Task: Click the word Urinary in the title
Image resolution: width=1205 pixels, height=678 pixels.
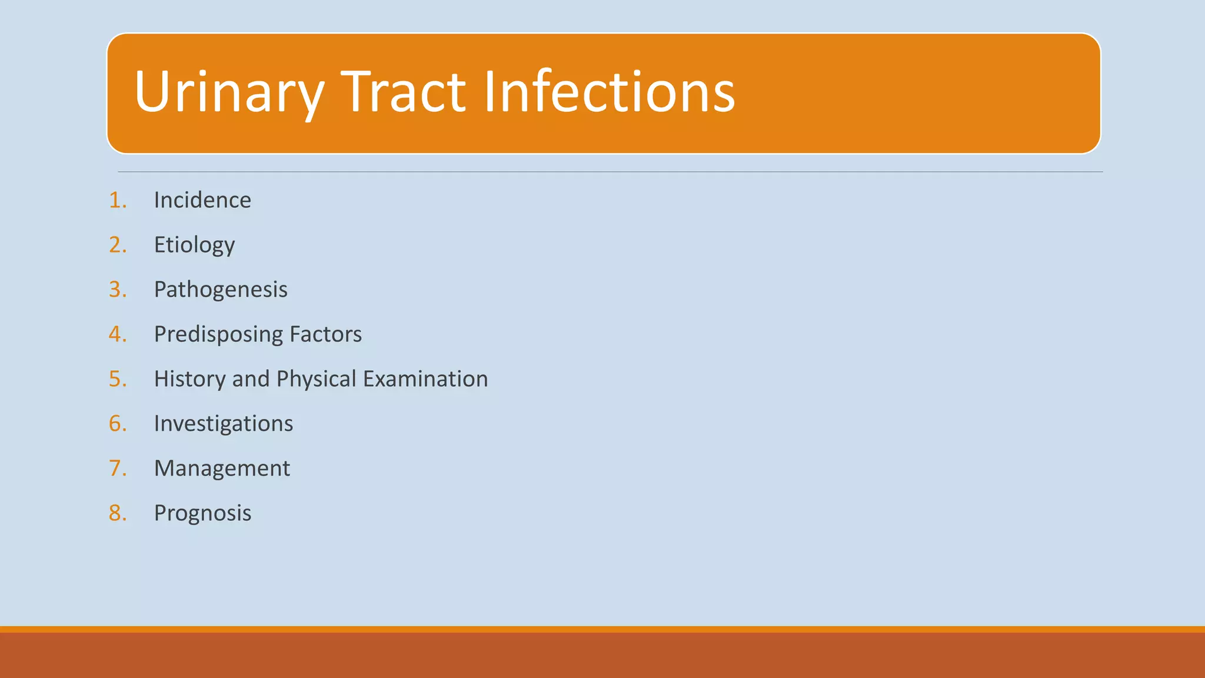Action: (x=229, y=92)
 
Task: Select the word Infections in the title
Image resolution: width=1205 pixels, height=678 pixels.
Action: (x=609, y=92)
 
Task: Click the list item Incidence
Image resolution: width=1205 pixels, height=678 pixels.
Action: (x=202, y=200)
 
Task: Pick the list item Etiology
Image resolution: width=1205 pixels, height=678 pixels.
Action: (x=194, y=245)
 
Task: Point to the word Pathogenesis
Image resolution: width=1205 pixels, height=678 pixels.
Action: (x=221, y=290)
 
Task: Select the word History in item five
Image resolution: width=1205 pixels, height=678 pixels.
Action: (x=189, y=379)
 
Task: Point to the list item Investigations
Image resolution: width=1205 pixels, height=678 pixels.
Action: (x=224, y=424)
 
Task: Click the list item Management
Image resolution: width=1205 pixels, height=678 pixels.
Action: (x=222, y=468)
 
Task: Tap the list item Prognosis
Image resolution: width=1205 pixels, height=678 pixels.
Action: (x=202, y=513)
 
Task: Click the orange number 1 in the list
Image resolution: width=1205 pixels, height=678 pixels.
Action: (x=116, y=200)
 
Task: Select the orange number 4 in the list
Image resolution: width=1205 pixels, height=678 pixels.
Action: (x=116, y=334)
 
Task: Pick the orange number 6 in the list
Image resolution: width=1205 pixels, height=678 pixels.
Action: (x=116, y=424)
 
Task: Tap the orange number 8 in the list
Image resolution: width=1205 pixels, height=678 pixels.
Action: (x=116, y=513)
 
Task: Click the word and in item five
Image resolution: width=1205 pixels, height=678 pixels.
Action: (x=251, y=379)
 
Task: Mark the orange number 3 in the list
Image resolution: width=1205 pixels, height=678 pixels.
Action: (x=116, y=290)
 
